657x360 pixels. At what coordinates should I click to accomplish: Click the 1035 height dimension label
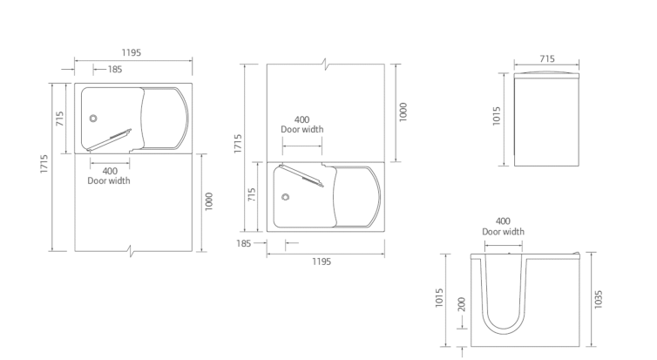[x=599, y=299]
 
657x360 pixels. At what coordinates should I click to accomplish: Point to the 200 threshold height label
[x=462, y=304]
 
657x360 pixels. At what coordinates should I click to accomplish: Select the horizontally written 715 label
[x=547, y=59]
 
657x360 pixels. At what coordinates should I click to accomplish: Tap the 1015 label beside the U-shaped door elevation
[x=439, y=297]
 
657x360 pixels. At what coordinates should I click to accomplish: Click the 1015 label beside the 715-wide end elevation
[x=497, y=116]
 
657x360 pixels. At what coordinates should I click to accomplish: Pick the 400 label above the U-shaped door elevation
[x=503, y=221]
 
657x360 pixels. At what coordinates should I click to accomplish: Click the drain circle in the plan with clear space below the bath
[x=93, y=119]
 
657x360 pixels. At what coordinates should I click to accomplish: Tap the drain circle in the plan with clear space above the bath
[x=285, y=197]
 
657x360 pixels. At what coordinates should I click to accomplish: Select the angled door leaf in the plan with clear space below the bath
[x=109, y=139]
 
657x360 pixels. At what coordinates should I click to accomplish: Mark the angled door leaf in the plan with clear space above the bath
[x=301, y=175]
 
